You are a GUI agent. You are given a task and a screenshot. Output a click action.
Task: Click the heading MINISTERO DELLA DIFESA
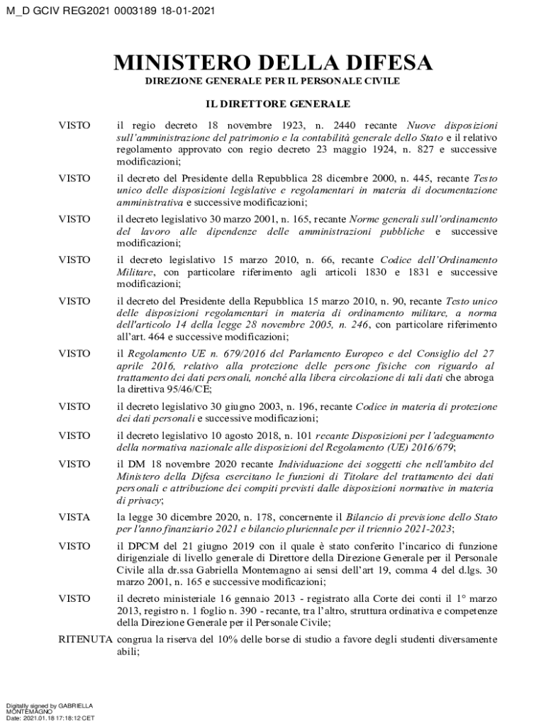coord(273,63)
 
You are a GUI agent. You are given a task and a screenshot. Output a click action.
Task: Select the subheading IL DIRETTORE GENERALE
coord(273,104)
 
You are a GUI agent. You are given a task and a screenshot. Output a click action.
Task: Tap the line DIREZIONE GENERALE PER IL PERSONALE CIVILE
coord(273,82)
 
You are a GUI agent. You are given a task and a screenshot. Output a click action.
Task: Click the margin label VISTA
coord(74,518)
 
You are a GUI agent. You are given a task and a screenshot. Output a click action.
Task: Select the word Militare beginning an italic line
coord(137,272)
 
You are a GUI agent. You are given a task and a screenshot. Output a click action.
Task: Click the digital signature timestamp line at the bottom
coord(50,718)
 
